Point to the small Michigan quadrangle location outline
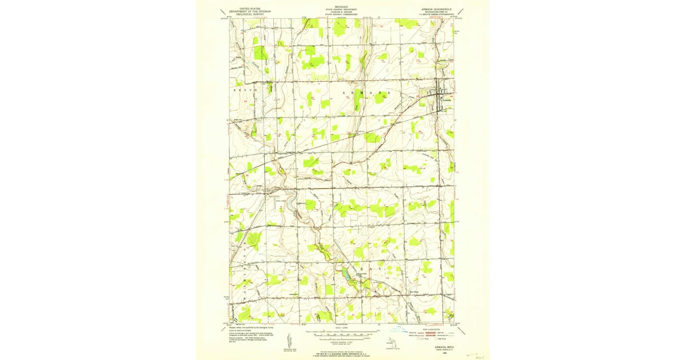tap(390, 342)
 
